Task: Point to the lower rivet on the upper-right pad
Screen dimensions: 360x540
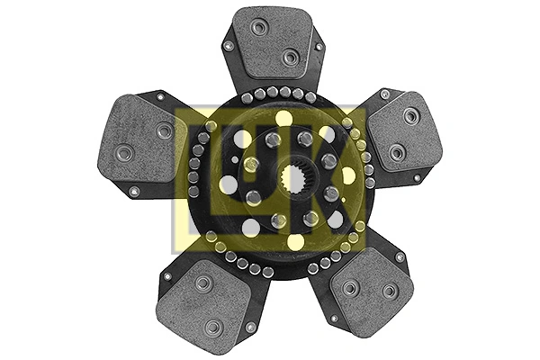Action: pos(396,153)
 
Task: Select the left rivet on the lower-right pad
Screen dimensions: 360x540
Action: pos(350,287)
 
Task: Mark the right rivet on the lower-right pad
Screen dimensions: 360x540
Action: pos(389,291)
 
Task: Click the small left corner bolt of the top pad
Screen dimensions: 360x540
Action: pos(228,45)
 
